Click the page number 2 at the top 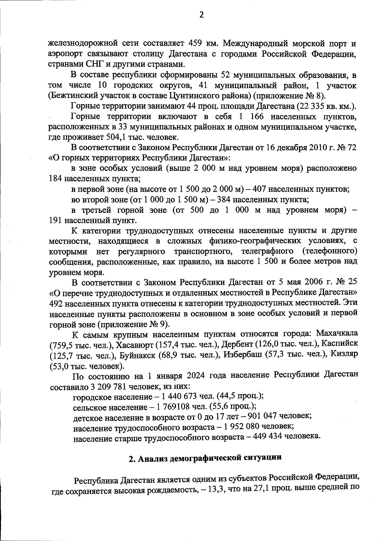tap(202, 15)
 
